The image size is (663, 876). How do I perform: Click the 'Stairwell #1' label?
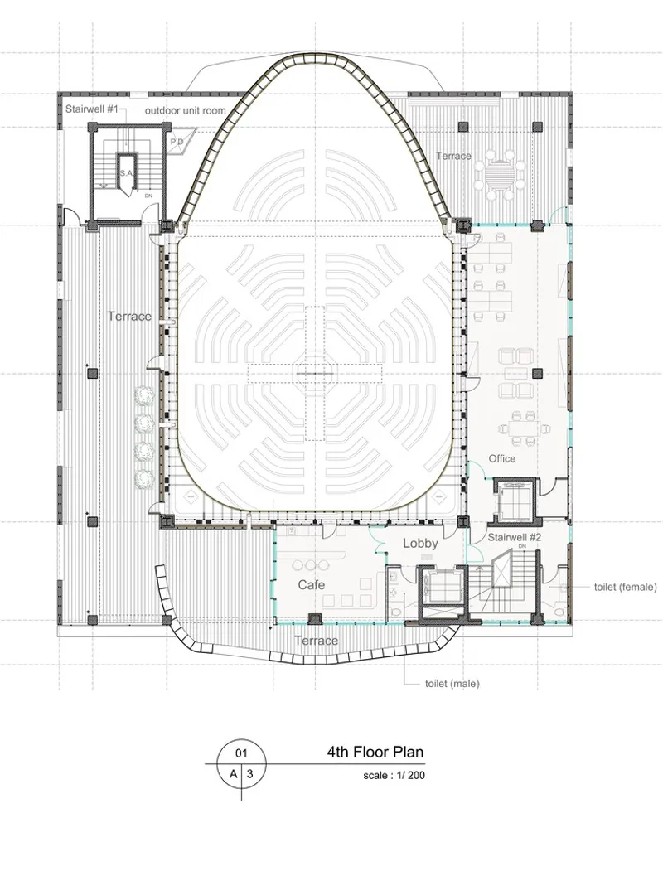coord(92,109)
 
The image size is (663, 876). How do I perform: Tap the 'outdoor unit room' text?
coord(186,110)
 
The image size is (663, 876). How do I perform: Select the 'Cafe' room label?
coord(311,585)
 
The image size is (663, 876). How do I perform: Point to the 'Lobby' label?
coord(420,543)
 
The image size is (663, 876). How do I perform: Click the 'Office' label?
coord(502,458)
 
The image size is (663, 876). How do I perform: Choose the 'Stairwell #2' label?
coord(515,537)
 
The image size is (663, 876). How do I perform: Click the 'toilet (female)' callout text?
coord(626,587)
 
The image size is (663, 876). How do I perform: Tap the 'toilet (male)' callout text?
coord(452,683)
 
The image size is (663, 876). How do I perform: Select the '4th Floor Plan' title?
coord(375,752)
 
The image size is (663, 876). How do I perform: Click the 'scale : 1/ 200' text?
coord(394,776)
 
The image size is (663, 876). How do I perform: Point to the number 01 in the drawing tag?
coord(241,753)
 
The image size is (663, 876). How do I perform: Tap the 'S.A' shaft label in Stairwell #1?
coord(126,174)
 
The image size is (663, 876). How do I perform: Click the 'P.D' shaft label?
coord(177,143)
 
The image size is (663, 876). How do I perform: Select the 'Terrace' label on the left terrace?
coord(129,317)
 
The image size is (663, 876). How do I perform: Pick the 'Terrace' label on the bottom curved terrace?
coord(316,641)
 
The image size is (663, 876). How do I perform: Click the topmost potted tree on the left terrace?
coord(145,395)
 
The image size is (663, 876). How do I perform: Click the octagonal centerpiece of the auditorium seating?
coord(317,373)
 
